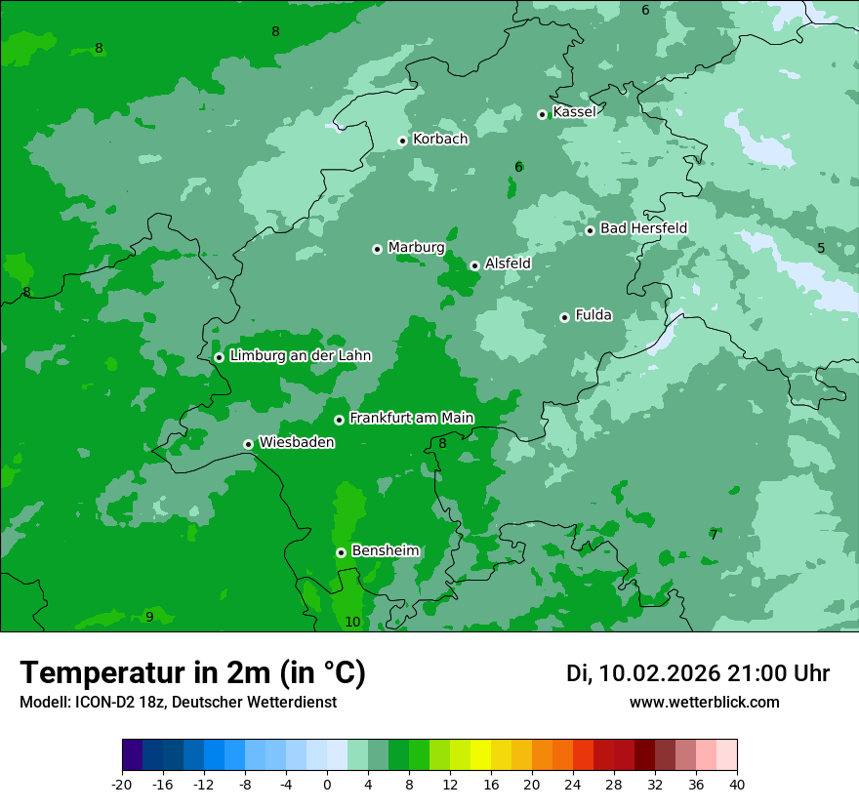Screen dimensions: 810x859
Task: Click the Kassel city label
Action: [574, 112]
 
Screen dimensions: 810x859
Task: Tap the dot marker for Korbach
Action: [402, 141]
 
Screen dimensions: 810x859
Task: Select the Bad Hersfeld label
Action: [643, 228]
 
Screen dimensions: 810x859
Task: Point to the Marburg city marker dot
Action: [377, 249]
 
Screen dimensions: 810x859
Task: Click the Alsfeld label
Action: [508, 263]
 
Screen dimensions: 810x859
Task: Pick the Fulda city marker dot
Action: [564, 317]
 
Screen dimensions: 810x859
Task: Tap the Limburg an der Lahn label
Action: [300, 356]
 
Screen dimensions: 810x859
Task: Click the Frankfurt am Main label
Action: [411, 419]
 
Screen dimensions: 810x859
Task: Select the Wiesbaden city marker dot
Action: [248, 444]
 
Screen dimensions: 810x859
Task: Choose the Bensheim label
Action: [385, 551]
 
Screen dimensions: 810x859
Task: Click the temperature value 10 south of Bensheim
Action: [352, 622]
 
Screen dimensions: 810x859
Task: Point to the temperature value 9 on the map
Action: [149, 617]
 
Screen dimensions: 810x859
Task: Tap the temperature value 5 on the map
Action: [821, 248]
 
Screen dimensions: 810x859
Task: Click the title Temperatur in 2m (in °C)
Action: [192, 672]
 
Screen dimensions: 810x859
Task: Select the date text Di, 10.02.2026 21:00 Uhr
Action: [697, 673]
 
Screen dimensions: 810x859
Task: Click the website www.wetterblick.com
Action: [704, 702]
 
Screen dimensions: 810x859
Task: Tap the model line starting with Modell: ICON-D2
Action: [178, 702]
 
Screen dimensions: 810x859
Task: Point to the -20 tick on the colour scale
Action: [122, 784]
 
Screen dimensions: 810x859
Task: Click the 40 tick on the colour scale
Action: [737, 784]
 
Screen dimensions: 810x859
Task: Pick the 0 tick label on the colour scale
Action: [327, 784]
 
